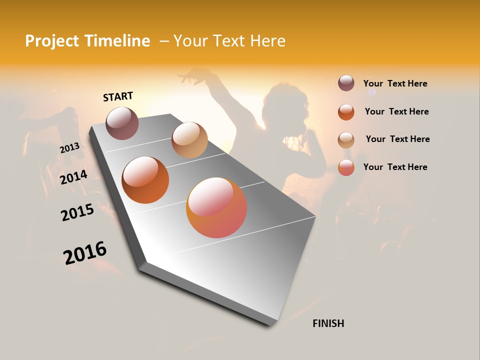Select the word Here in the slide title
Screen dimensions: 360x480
coord(267,41)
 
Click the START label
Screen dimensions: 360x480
coord(118,96)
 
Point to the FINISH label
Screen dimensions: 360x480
coord(328,323)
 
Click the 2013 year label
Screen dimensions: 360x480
coord(69,148)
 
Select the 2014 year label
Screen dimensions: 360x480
coord(74,177)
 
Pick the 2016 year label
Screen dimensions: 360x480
coord(85,253)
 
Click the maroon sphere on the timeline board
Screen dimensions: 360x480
coord(122,123)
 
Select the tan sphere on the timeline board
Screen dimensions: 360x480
coord(189,140)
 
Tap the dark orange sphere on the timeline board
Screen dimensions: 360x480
coord(145,180)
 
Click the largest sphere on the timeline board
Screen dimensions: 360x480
coord(216,207)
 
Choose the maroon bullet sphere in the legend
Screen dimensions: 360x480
coord(346,83)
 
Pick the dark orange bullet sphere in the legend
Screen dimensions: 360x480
coord(346,112)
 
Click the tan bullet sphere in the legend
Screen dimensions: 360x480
coord(346,140)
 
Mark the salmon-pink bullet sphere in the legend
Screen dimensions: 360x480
coord(346,167)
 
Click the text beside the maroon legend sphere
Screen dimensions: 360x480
coord(395,84)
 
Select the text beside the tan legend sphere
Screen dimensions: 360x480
coord(397,139)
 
